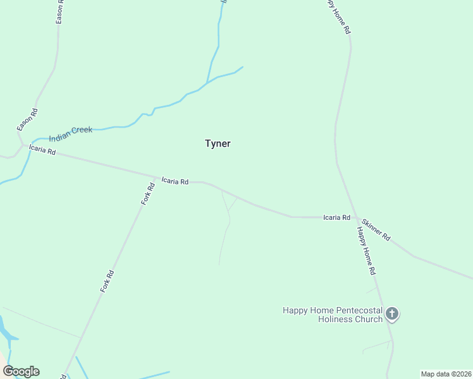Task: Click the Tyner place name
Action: click(x=218, y=143)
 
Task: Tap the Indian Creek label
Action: click(x=71, y=131)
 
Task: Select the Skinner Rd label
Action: click(x=376, y=230)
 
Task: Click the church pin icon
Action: click(x=392, y=313)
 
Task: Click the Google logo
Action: click(x=21, y=371)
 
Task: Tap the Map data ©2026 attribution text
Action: click(x=445, y=374)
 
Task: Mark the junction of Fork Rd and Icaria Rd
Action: click(x=157, y=177)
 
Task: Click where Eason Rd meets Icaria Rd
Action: click(x=23, y=145)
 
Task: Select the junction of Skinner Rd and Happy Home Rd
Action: click(x=357, y=218)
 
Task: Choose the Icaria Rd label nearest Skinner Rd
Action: click(x=336, y=217)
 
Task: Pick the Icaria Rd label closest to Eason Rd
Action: click(x=42, y=151)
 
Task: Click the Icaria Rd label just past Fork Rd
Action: click(x=175, y=181)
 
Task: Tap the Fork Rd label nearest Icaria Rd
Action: click(x=148, y=194)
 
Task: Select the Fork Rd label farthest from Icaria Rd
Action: click(x=107, y=281)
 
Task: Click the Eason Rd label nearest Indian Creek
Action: click(x=27, y=120)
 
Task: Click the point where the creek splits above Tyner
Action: click(x=207, y=83)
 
